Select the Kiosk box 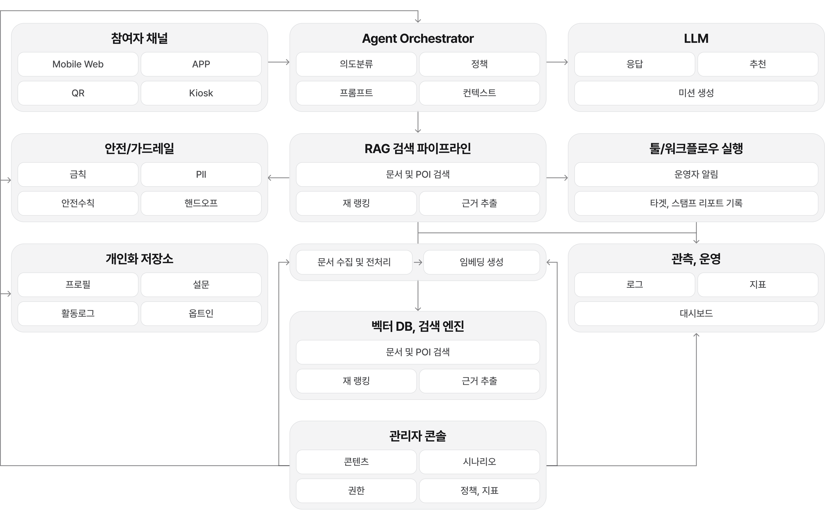pyautogui.click(x=201, y=93)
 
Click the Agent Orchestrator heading pyautogui.click(x=418, y=38)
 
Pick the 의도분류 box pyautogui.click(x=356, y=64)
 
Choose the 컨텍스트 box pyautogui.click(x=479, y=93)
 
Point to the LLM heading pyautogui.click(x=696, y=38)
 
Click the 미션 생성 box pyautogui.click(x=696, y=93)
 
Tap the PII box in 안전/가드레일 pyautogui.click(x=201, y=174)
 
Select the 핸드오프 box pyautogui.click(x=201, y=203)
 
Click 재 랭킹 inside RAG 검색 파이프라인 pyautogui.click(x=356, y=203)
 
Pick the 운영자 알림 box pyautogui.click(x=696, y=174)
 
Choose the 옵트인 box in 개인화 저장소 pyautogui.click(x=201, y=313)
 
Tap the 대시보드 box pyautogui.click(x=696, y=313)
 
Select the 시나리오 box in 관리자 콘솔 pyautogui.click(x=479, y=462)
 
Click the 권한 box pyautogui.click(x=356, y=490)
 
